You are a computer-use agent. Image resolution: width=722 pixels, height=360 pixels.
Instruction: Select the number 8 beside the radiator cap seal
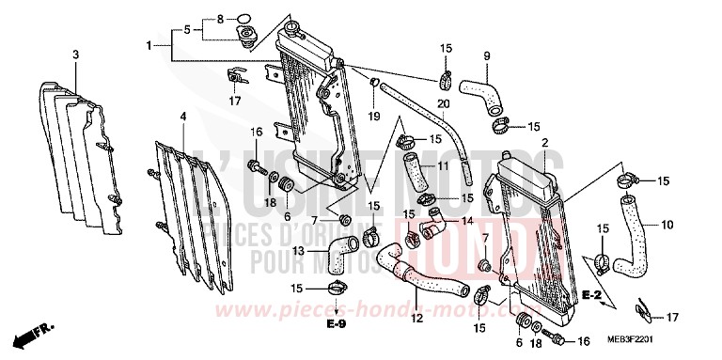tap(195, 18)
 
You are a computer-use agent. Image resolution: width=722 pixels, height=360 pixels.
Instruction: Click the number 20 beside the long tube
tap(442, 102)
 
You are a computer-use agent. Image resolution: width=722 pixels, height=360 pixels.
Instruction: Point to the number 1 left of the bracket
tap(149, 44)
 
